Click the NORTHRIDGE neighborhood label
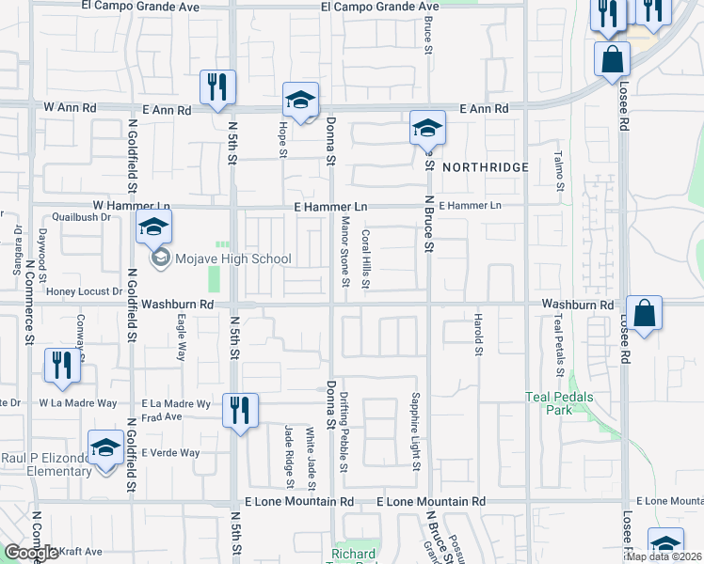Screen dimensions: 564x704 pyautogui.click(x=485, y=167)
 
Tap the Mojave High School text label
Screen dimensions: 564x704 pyautogui.click(x=232, y=258)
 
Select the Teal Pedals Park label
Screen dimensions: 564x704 pyautogui.click(x=560, y=403)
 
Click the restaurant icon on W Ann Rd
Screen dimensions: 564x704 pyautogui.click(x=217, y=87)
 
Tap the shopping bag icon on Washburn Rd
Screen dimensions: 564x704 pyautogui.click(x=645, y=312)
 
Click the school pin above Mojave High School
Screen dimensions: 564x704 pyautogui.click(x=154, y=227)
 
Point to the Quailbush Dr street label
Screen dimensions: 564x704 pyautogui.click(x=82, y=215)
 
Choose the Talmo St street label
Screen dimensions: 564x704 pyautogui.click(x=558, y=170)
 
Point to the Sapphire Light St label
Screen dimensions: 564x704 pyautogui.click(x=414, y=431)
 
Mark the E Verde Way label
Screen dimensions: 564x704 pyautogui.click(x=170, y=453)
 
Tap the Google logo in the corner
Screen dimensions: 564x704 pyautogui.click(x=31, y=553)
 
